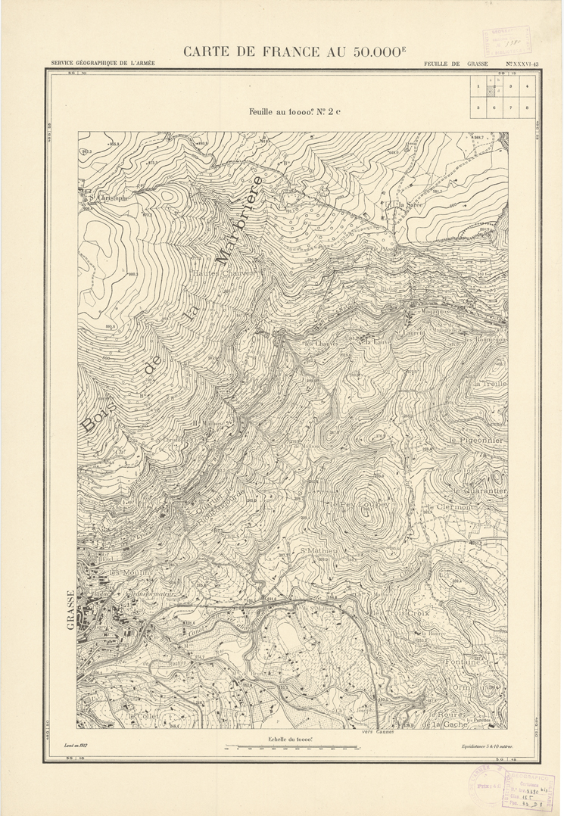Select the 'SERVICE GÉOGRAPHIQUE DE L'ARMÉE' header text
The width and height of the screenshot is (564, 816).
tap(103, 64)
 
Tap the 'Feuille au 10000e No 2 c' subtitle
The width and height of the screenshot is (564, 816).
tap(294, 111)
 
